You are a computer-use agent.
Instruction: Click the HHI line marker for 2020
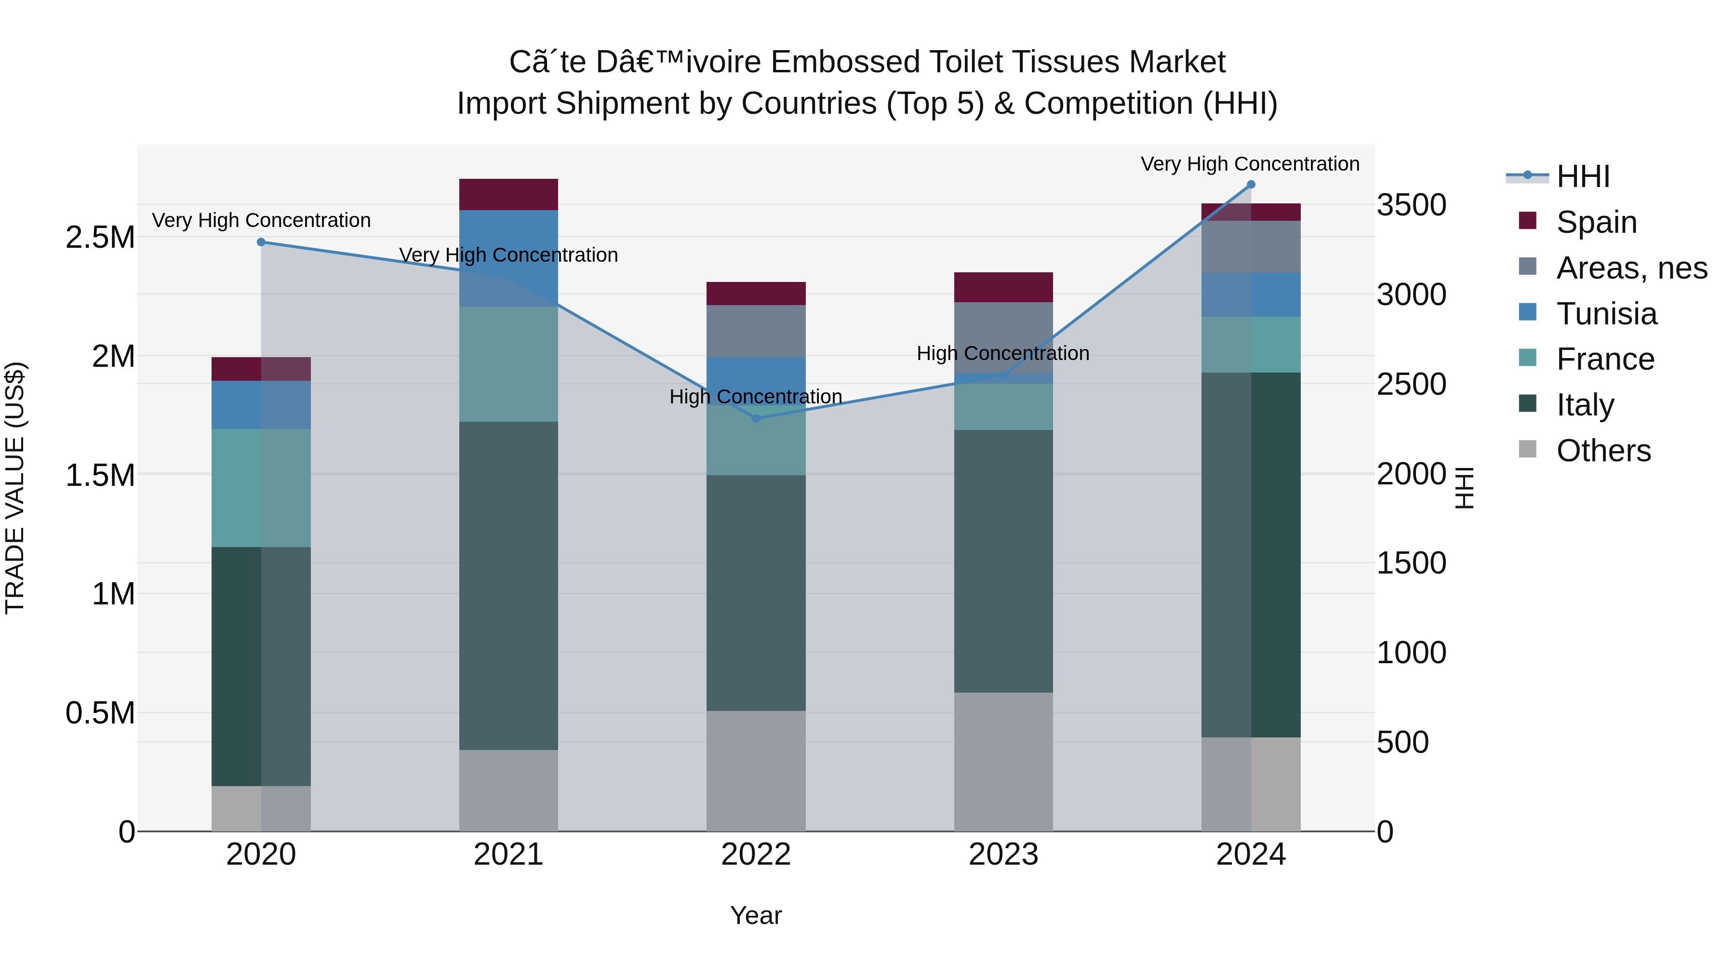tap(261, 242)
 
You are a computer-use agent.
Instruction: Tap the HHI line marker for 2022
tap(756, 418)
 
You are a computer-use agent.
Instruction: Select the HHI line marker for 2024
tap(1251, 185)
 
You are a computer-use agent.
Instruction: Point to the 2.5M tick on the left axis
tap(100, 237)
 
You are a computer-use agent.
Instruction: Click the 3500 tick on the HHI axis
tap(1412, 205)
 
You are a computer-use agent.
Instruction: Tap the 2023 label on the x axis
tap(1003, 854)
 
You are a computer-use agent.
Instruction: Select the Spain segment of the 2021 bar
tap(508, 195)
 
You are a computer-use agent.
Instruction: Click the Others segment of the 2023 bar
tap(1003, 762)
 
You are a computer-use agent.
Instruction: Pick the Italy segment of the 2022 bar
tap(756, 593)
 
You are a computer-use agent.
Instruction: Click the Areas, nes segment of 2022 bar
tap(756, 331)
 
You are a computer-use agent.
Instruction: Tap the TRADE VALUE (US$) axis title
tap(15, 488)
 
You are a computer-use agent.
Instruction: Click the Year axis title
tap(756, 915)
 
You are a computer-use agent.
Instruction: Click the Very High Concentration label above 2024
tap(1250, 164)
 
